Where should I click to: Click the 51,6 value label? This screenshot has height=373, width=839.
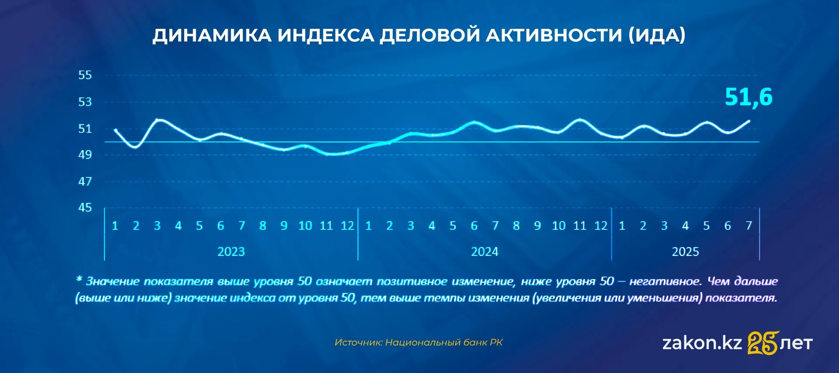pos(749,97)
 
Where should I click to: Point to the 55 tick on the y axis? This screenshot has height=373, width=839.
pos(85,75)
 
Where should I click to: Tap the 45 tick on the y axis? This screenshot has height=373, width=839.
pos(85,207)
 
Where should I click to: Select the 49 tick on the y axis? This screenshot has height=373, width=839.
pos(85,155)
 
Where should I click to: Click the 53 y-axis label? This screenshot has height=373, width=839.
pos(85,102)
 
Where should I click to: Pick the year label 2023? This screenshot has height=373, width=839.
pos(231,252)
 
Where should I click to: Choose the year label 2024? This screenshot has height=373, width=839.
pos(485,252)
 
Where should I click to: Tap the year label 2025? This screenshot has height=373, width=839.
pos(685,252)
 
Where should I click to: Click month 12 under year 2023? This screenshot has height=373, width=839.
pos(347,226)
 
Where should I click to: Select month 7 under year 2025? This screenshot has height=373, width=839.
pos(749,226)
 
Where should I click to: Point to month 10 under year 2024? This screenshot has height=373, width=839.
pos(559,226)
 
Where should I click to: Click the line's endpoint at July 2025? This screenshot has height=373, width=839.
pos(749,121)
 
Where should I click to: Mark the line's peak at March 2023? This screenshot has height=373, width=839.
pos(158,120)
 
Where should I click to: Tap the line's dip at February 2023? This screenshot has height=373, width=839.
pos(136,147)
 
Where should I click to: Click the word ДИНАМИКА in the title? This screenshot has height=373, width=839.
pos(212,35)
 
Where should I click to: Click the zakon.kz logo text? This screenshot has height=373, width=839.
pos(702,343)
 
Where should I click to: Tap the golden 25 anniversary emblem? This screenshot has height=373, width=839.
pos(763,342)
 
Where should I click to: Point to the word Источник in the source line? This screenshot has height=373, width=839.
pos(358,342)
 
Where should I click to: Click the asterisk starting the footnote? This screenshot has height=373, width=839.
pos(79,279)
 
